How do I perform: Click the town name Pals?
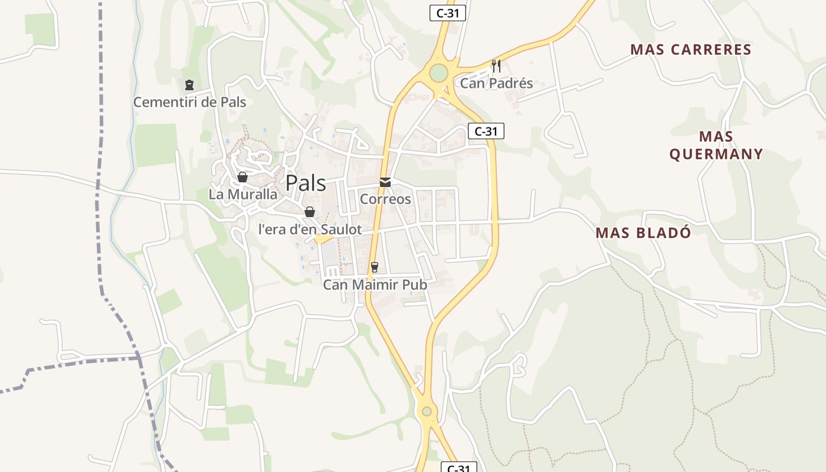(306, 183)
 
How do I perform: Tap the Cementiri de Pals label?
(189, 102)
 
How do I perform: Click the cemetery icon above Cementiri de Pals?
(189, 85)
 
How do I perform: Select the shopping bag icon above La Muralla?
(242, 177)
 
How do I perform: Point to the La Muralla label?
(242, 194)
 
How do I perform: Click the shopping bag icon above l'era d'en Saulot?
(309, 212)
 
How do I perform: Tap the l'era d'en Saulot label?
(310, 230)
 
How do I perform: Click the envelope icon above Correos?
(385, 182)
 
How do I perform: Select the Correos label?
(385, 199)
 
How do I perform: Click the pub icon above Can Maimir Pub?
(374, 267)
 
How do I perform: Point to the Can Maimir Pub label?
(375, 285)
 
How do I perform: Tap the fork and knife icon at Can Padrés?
(496, 65)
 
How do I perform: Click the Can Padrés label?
(496, 83)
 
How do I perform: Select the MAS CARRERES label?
(691, 50)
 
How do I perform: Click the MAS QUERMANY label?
(716, 145)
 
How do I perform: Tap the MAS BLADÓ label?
(643, 232)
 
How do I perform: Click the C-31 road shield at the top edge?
(447, 13)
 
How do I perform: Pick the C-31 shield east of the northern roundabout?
(486, 132)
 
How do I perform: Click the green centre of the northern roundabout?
(438, 74)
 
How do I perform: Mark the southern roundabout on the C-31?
(427, 411)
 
